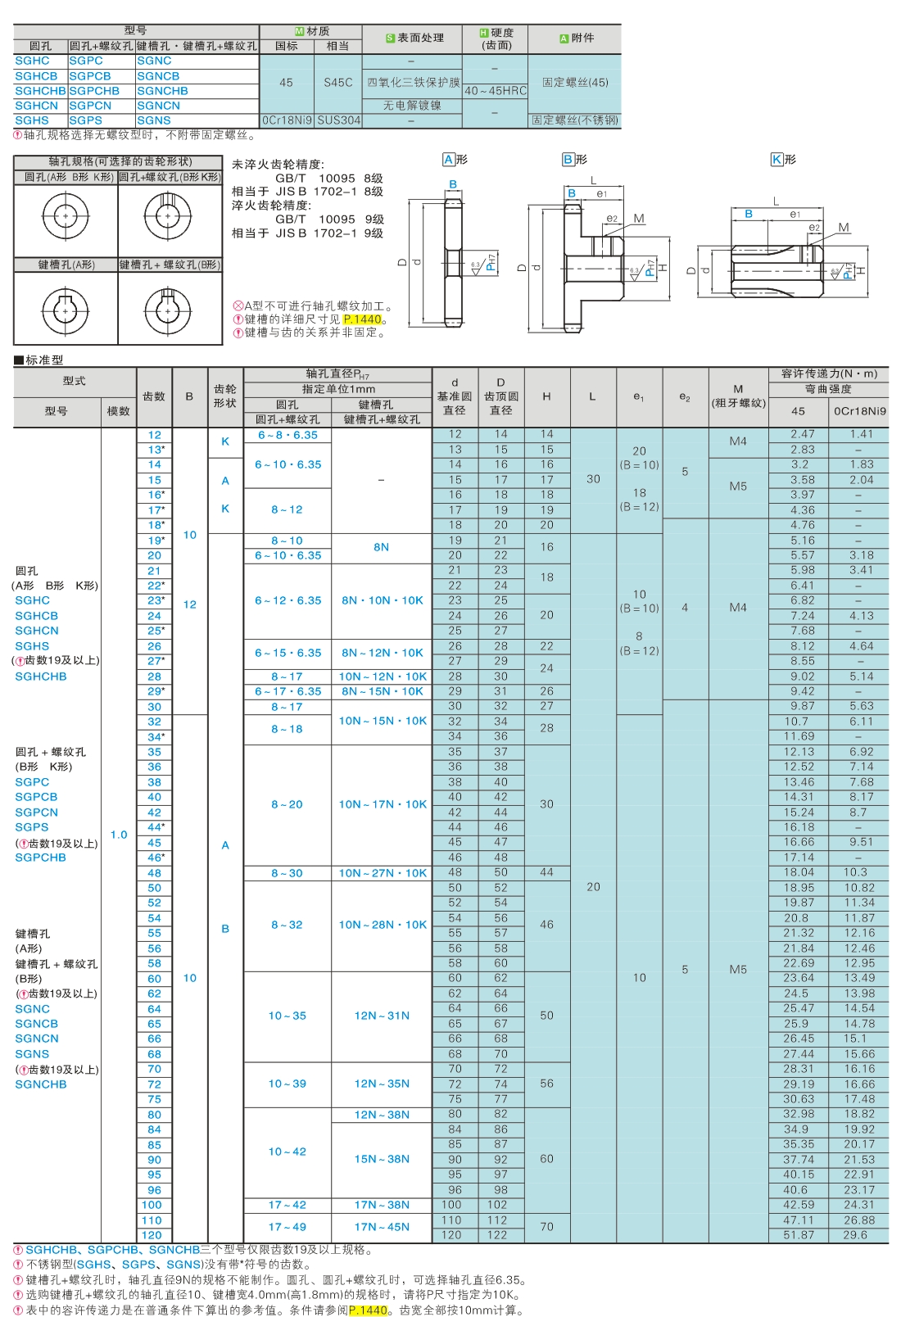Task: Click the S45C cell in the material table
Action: click(x=337, y=83)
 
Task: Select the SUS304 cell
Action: click(x=338, y=120)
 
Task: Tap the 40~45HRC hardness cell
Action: click(x=495, y=91)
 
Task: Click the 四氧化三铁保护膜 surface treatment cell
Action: click(x=413, y=83)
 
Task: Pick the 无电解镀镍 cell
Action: click(x=412, y=106)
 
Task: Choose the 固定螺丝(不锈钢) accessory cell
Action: click(x=575, y=120)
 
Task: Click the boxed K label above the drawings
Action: click(x=776, y=159)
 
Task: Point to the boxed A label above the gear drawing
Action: click(x=448, y=159)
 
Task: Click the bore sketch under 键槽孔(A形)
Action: click(x=66, y=309)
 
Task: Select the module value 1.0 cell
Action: click(x=119, y=835)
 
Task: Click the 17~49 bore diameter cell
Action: click(x=288, y=1227)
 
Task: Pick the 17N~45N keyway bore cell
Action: click(x=382, y=1227)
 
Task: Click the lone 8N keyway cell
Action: click(x=382, y=547)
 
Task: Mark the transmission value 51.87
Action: click(x=799, y=1235)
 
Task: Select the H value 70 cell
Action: click(x=547, y=1227)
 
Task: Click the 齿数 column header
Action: click(x=154, y=396)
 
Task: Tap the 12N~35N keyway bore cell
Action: click(x=382, y=1084)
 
